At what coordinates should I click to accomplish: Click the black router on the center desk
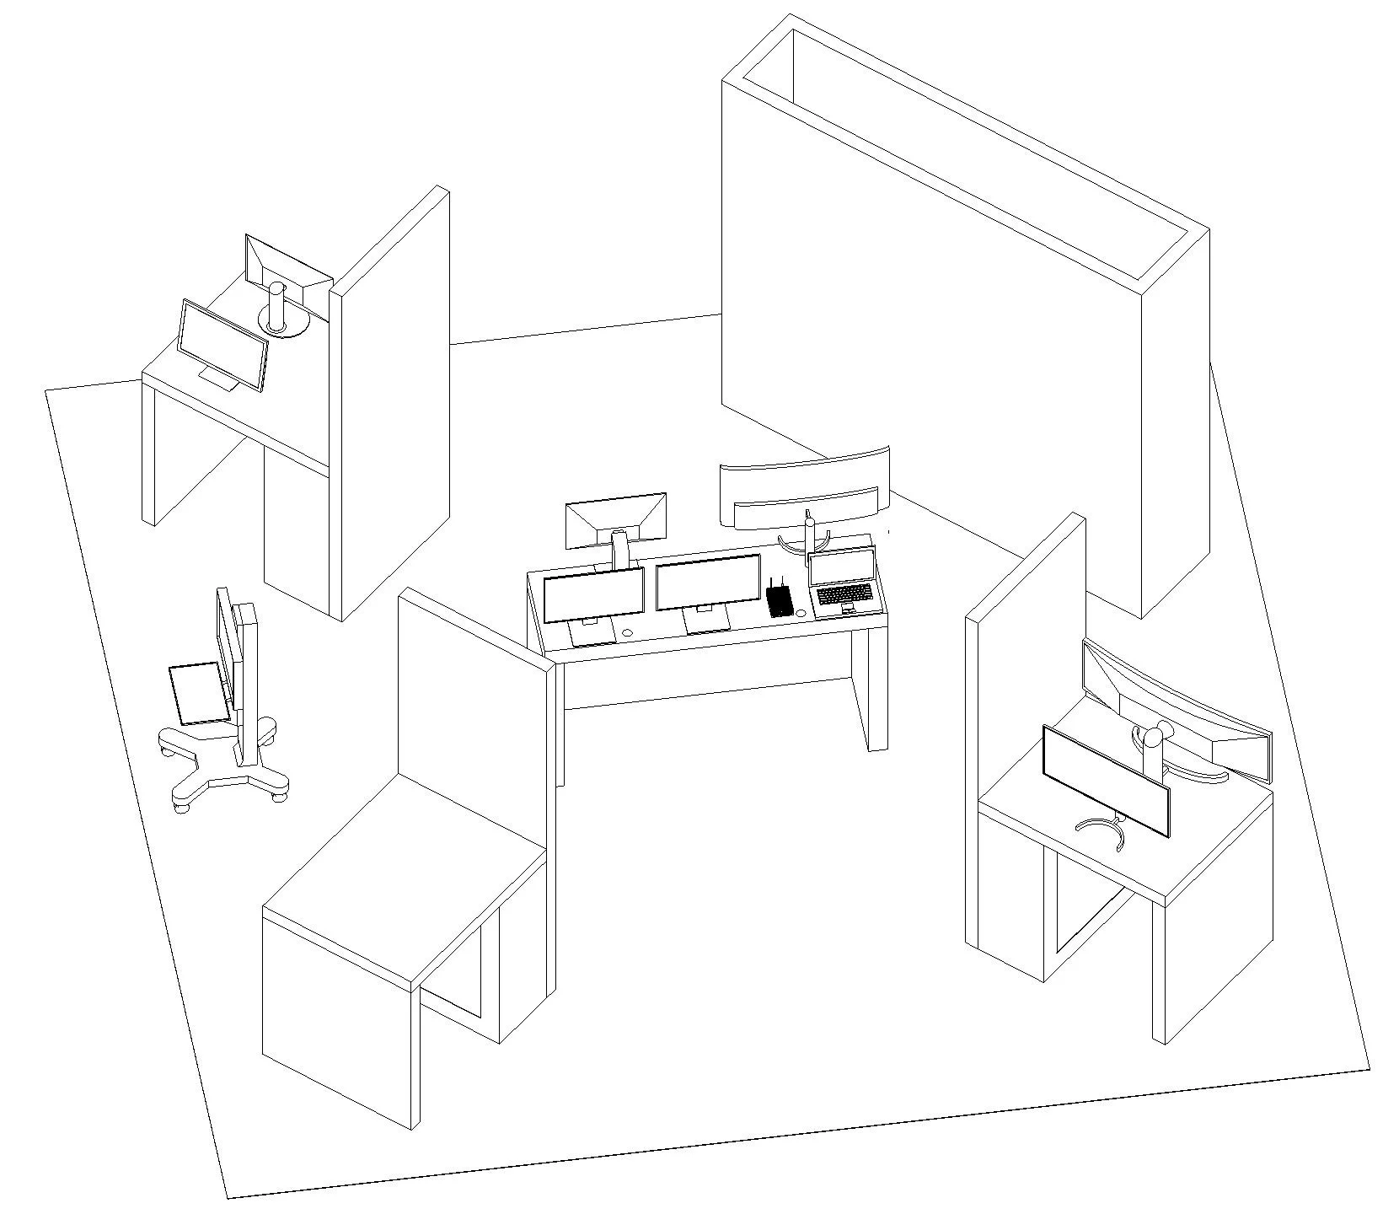click(780, 601)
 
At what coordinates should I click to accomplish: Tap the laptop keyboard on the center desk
click(844, 594)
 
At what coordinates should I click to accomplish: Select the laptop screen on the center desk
click(841, 567)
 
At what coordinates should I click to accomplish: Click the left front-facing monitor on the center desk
click(593, 594)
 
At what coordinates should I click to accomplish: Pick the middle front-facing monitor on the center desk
click(707, 582)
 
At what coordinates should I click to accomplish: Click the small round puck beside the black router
click(800, 613)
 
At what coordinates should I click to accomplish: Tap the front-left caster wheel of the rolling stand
click(181, 807)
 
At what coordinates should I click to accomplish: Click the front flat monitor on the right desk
click(1106, 781)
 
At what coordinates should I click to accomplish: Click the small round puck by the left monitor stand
click(627, 632)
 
